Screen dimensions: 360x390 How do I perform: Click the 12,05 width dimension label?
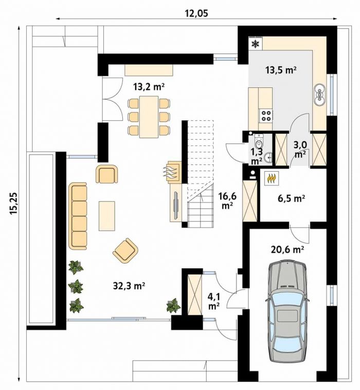[196, 13]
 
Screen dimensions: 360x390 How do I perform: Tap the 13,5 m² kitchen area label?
[281, 70]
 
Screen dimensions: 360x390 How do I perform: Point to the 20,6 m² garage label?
[288, 249]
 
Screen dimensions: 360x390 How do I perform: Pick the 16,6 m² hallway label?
[227, 201]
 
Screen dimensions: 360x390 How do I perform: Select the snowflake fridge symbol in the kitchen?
[255, 44]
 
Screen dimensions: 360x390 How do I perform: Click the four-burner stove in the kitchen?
[266, 116]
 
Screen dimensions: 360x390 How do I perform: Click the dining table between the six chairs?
[149, 117]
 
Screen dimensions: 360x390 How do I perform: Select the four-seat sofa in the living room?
[78, 216]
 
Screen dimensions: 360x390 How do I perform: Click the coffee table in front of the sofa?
[107, 216]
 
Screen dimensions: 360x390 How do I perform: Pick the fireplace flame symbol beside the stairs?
[171, 172]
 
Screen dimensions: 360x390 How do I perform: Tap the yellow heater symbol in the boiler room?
[271, 178]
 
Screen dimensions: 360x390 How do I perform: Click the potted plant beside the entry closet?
[173, 305]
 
